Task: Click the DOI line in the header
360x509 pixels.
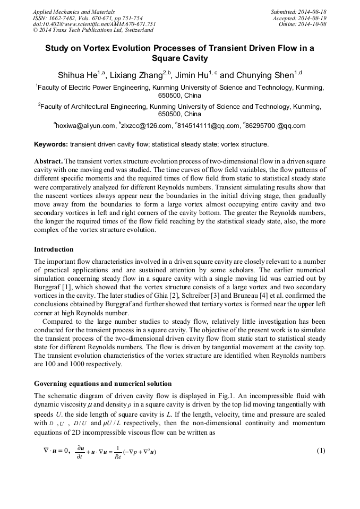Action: [94, 24]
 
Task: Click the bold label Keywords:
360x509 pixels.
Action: [51, 144]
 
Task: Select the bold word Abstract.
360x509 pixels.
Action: [48, 161]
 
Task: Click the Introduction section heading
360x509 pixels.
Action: [54, 249]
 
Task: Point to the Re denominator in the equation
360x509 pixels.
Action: [118, 456]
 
